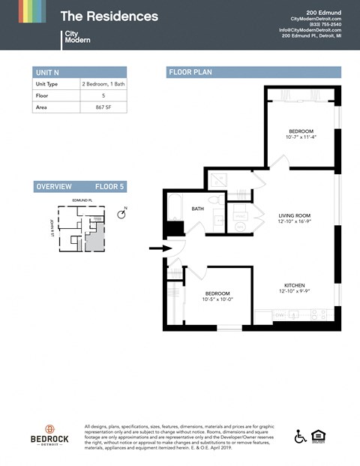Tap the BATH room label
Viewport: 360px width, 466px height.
[x=198, y=209]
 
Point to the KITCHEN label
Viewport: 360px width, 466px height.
[x=294, y=285]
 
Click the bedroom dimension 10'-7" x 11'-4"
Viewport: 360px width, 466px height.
[x=301, y=137]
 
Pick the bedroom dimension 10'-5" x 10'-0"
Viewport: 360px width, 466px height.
[x=218, y=299]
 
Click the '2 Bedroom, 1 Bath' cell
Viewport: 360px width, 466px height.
[x=103, y=84]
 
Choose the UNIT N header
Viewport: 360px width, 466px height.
[x=46, y=72]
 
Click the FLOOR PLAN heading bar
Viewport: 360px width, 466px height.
[x=253, y=73]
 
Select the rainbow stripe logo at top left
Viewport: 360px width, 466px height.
[x=31, y=11]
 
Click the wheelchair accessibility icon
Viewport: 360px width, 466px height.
[x=300, y=437]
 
